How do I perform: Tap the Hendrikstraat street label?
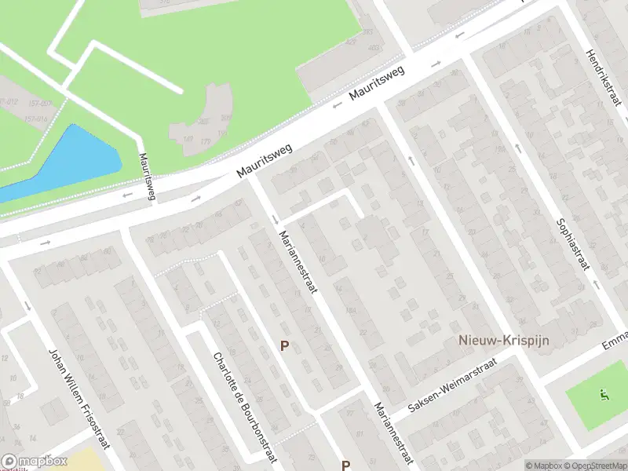tap(602, 79)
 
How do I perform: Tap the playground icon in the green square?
tap(603, 395)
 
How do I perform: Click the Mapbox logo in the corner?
tap(33, 462)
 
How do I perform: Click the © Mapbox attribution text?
tap(544, 466)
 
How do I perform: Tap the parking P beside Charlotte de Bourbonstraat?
tap(285, 345)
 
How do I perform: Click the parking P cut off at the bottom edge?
tap(345, 465)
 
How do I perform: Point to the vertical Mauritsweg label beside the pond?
tap(146, 175)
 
